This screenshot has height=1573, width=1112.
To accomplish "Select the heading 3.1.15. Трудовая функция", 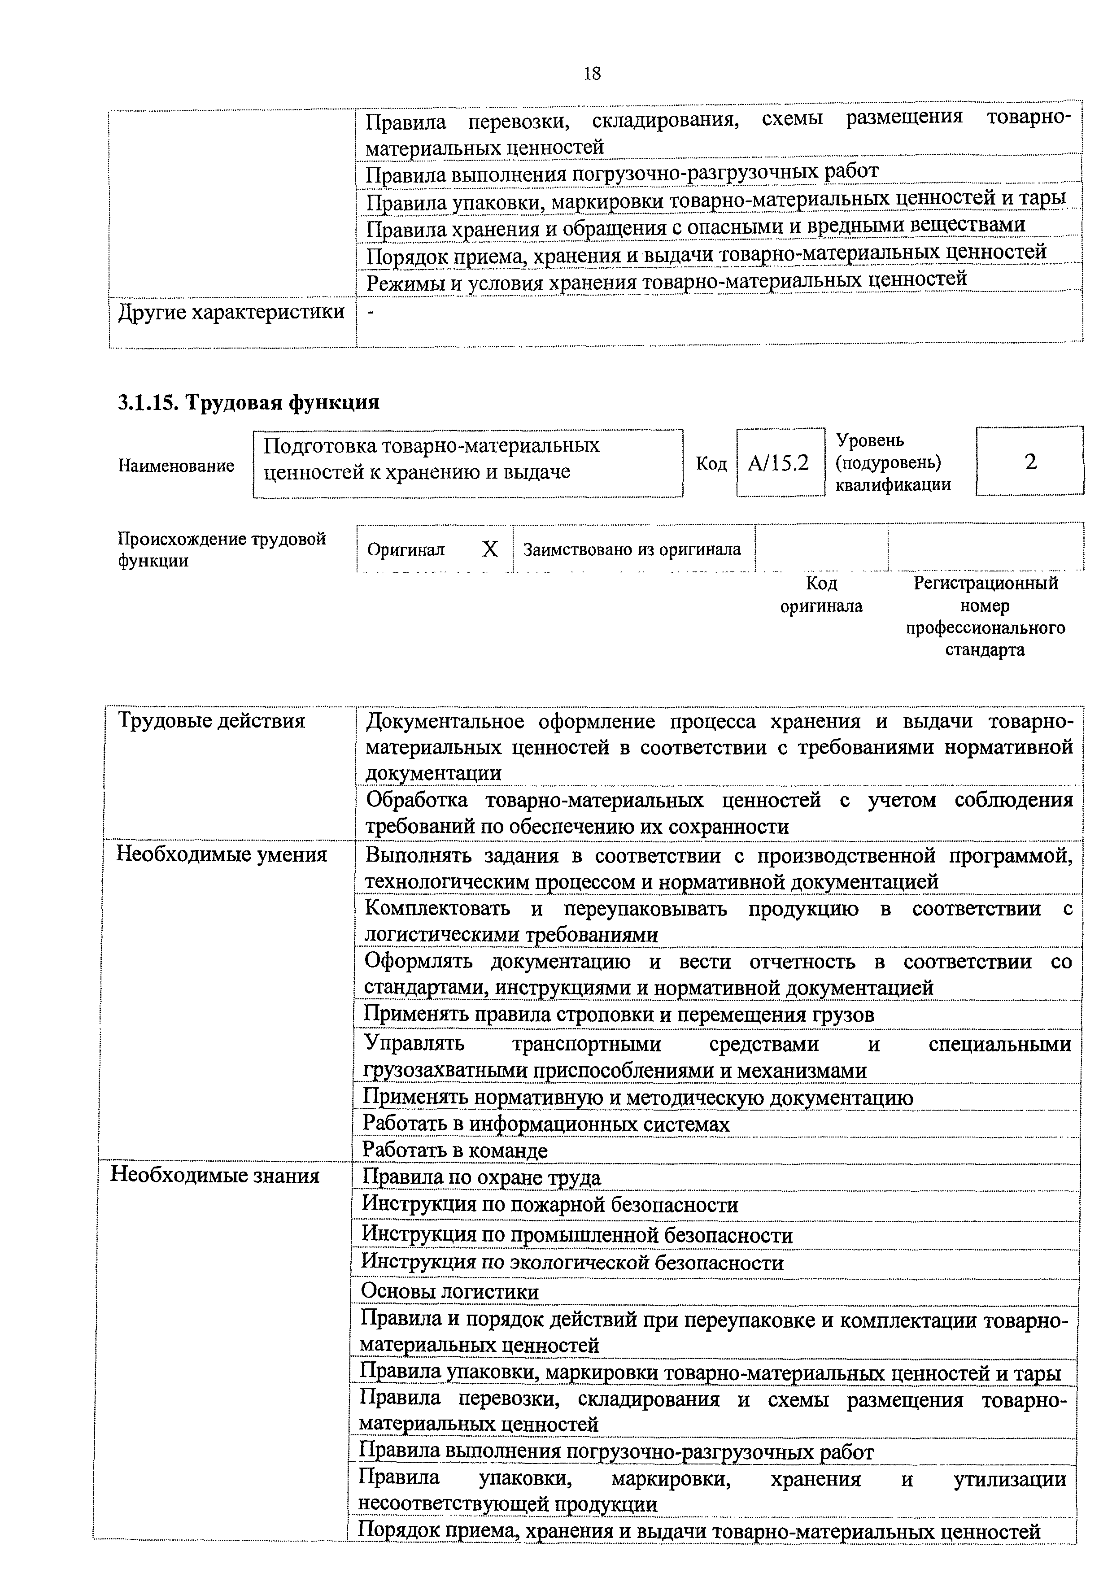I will (248, 402).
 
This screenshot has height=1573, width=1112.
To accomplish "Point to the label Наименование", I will (176, 466).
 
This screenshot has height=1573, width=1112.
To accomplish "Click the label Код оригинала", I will (821, 595).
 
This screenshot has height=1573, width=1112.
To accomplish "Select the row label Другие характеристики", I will (231, 313).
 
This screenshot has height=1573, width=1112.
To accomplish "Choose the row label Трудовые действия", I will (211, 721).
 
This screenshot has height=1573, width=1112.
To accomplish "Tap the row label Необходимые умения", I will (221, 854).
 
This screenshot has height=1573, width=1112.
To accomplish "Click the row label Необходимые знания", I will (215, 1176).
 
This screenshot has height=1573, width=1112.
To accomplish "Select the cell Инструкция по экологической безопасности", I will (572, 1262).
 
